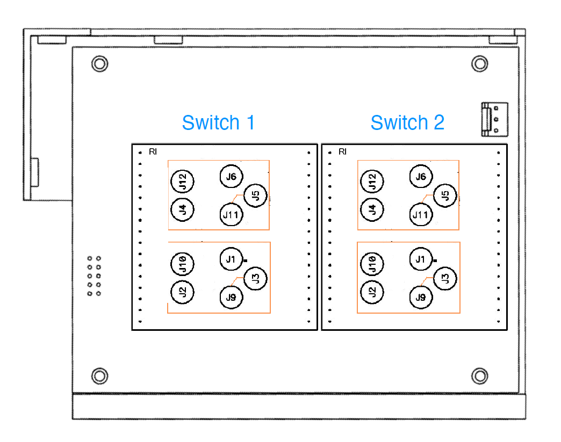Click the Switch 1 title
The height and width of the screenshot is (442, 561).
tap(219, 122)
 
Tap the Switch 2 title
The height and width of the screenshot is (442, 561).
tap(407, 122)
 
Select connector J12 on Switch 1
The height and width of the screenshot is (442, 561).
tap(183, 182)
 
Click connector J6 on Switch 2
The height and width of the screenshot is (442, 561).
tap(421, 176)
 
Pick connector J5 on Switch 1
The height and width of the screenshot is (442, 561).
tap(255, 195)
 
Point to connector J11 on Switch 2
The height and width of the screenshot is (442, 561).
tap(421, 215)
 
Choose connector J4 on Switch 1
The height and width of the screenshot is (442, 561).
tap(183, 209)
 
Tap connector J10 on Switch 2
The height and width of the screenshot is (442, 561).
tap(372, 264)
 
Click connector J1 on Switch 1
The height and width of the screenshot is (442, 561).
tap(231, 259)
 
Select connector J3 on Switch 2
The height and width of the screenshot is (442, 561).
tap(445, 278)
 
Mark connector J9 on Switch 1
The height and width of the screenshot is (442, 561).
tap(231, 297)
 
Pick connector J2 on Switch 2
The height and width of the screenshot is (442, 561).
tap(372, 292)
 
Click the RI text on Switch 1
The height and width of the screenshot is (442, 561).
tap(153, 151)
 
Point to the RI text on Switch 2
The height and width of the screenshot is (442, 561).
tap(342, 151)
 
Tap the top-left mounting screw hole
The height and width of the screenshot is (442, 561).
tap(100, 64)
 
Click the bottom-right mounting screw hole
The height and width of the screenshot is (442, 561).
tap(480, 376)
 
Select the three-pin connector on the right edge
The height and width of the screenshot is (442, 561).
tap(494, 119)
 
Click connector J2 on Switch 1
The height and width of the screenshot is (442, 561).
tap(183, 292)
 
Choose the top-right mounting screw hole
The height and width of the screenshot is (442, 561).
tap(480, 64)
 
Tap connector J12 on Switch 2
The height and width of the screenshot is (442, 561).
tap(372, 182)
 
